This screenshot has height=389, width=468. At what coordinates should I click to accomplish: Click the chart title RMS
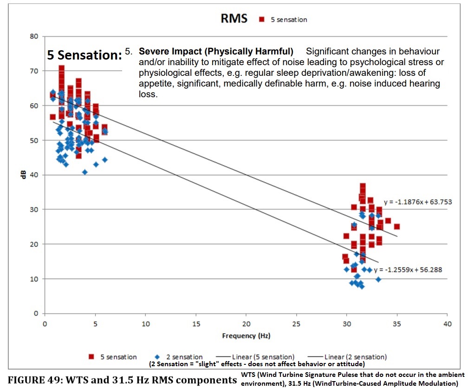234,19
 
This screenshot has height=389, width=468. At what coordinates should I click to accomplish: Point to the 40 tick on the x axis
447,323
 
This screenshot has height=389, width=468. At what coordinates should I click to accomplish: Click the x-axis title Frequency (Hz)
246,335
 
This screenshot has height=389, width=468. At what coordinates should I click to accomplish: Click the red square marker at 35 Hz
397,227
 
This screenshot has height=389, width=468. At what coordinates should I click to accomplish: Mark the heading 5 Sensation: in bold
84,55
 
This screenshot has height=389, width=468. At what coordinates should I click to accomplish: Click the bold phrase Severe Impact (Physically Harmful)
216,51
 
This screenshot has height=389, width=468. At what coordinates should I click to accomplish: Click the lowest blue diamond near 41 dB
84,172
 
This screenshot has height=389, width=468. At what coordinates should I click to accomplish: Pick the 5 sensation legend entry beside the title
284,20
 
